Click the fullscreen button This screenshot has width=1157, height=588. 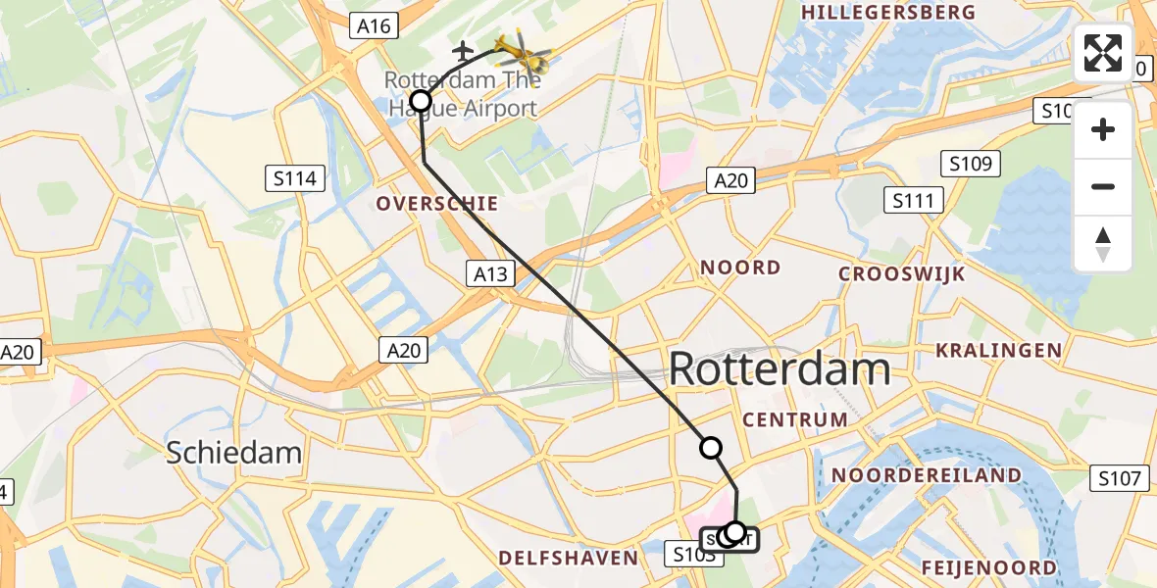(1103, 53)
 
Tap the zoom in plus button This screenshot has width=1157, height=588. (1103, 129)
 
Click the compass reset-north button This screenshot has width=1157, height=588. (1103, 244)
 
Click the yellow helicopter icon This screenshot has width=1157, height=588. (520, 49)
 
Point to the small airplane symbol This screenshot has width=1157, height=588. (464, 49)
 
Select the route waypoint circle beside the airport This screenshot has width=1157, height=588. (421, 100)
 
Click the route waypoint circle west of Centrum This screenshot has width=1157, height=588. (710, 448)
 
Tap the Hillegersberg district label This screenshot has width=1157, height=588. (888, 12)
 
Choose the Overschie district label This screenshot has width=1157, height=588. (438, 204)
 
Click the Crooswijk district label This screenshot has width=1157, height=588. (902, 273)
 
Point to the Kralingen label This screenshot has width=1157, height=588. (998, 350)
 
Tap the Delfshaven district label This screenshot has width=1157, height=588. (569, 558)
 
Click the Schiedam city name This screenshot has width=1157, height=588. (233, 452)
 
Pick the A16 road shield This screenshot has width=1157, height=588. (375, 26)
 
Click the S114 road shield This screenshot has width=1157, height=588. (295, 178)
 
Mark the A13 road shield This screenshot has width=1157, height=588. (490, 273)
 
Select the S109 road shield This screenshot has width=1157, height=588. (970, 164)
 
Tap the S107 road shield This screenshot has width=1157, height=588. (1120, 478)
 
